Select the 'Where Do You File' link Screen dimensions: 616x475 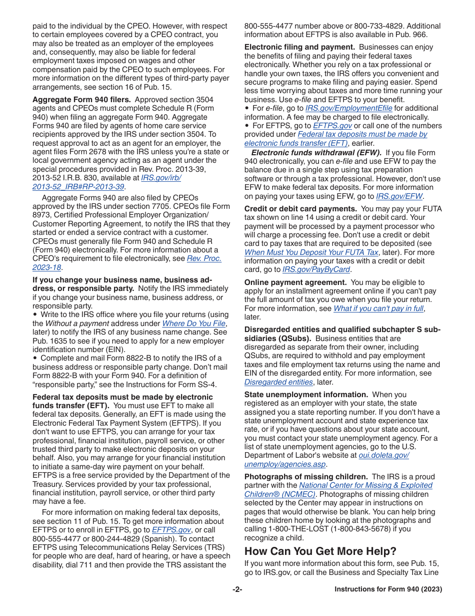coord(194,324)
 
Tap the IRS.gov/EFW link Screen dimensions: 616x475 coord(399,196)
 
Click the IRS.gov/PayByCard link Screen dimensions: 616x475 coord(316,270)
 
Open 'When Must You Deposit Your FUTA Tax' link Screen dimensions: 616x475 coord(311,252)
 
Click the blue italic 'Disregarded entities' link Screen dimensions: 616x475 coord(278,382)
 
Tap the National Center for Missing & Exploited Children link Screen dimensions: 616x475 coord(365,485)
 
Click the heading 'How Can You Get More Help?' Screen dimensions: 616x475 coord(320,551)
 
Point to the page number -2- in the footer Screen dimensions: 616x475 coord(237,589)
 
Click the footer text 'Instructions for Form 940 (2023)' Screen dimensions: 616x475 coord(388,589)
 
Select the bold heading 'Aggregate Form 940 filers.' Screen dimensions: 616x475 coord(82,100)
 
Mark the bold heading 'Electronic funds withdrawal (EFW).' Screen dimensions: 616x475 coord(316,153)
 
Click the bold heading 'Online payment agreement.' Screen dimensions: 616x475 coord(295,282)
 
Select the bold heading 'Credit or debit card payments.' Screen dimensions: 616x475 coord(300,209)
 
